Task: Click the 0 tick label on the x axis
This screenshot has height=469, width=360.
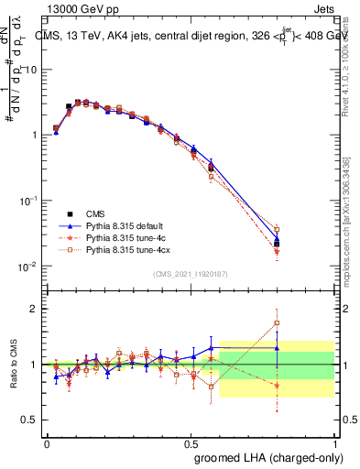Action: tap(47, 442)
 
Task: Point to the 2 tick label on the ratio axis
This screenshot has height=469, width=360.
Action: tap(34, 309)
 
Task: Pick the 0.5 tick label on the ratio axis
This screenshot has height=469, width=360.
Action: tap(28, 420)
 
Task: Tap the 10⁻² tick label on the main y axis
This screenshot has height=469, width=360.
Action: tap(27, 267)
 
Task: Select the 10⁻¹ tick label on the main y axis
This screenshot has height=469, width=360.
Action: tap(27, 201)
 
